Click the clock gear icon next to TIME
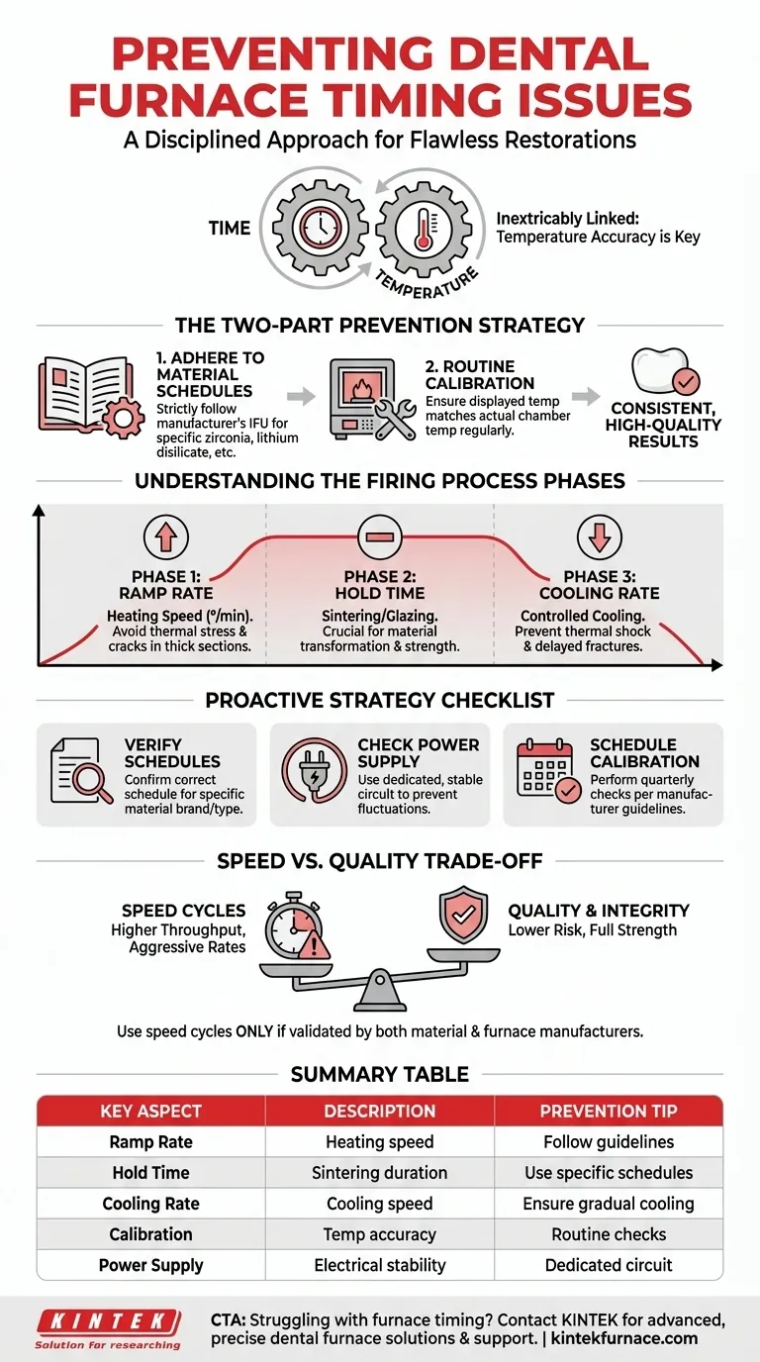(x=319, y=229)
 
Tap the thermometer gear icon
(x=426, y=229)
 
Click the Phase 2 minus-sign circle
(x=379, y=536)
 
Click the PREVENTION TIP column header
(x=608, y=1111)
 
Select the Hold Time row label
(x=150, y=1173)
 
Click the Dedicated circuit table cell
(x=608, y=1265)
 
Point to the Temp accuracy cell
(x=380, y=1234)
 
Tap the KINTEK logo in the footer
(x=108, y=1321)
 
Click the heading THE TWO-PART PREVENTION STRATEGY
(x=380, y=325)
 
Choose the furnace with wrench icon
(x=371, y=398)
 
